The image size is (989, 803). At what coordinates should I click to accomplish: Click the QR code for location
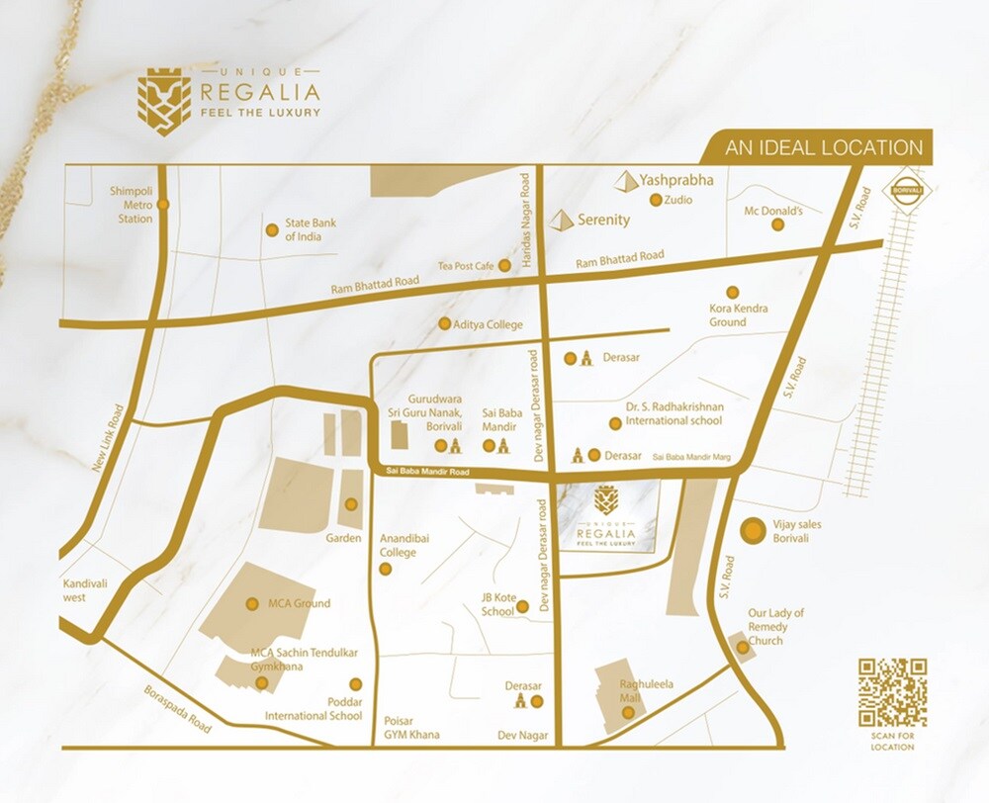tap(892, 692)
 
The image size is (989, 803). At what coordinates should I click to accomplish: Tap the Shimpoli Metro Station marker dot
tap(163, 205)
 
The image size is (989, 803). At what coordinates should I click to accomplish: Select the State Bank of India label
tap(311, 229)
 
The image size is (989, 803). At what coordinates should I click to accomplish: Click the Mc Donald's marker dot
tap(778, 225)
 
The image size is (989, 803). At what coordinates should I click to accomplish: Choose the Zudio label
tap(679, 200)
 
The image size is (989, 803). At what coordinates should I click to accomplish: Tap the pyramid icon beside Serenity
tap(563, 220)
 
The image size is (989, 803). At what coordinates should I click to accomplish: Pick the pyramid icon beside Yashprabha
tap(625, 181)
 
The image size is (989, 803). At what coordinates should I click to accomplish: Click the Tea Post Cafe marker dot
tap(504, 265)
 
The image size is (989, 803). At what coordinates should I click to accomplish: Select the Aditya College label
tap(488, 324)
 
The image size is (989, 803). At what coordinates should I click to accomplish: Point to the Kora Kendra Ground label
tap(740, 315)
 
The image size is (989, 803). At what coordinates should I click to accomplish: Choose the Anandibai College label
tap(399, 546)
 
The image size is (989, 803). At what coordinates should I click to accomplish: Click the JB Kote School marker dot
tap(523, 605)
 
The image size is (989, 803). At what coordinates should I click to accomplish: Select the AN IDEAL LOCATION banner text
tap(824, 147)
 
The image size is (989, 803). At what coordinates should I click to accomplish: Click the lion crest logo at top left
tap(163, 100)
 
